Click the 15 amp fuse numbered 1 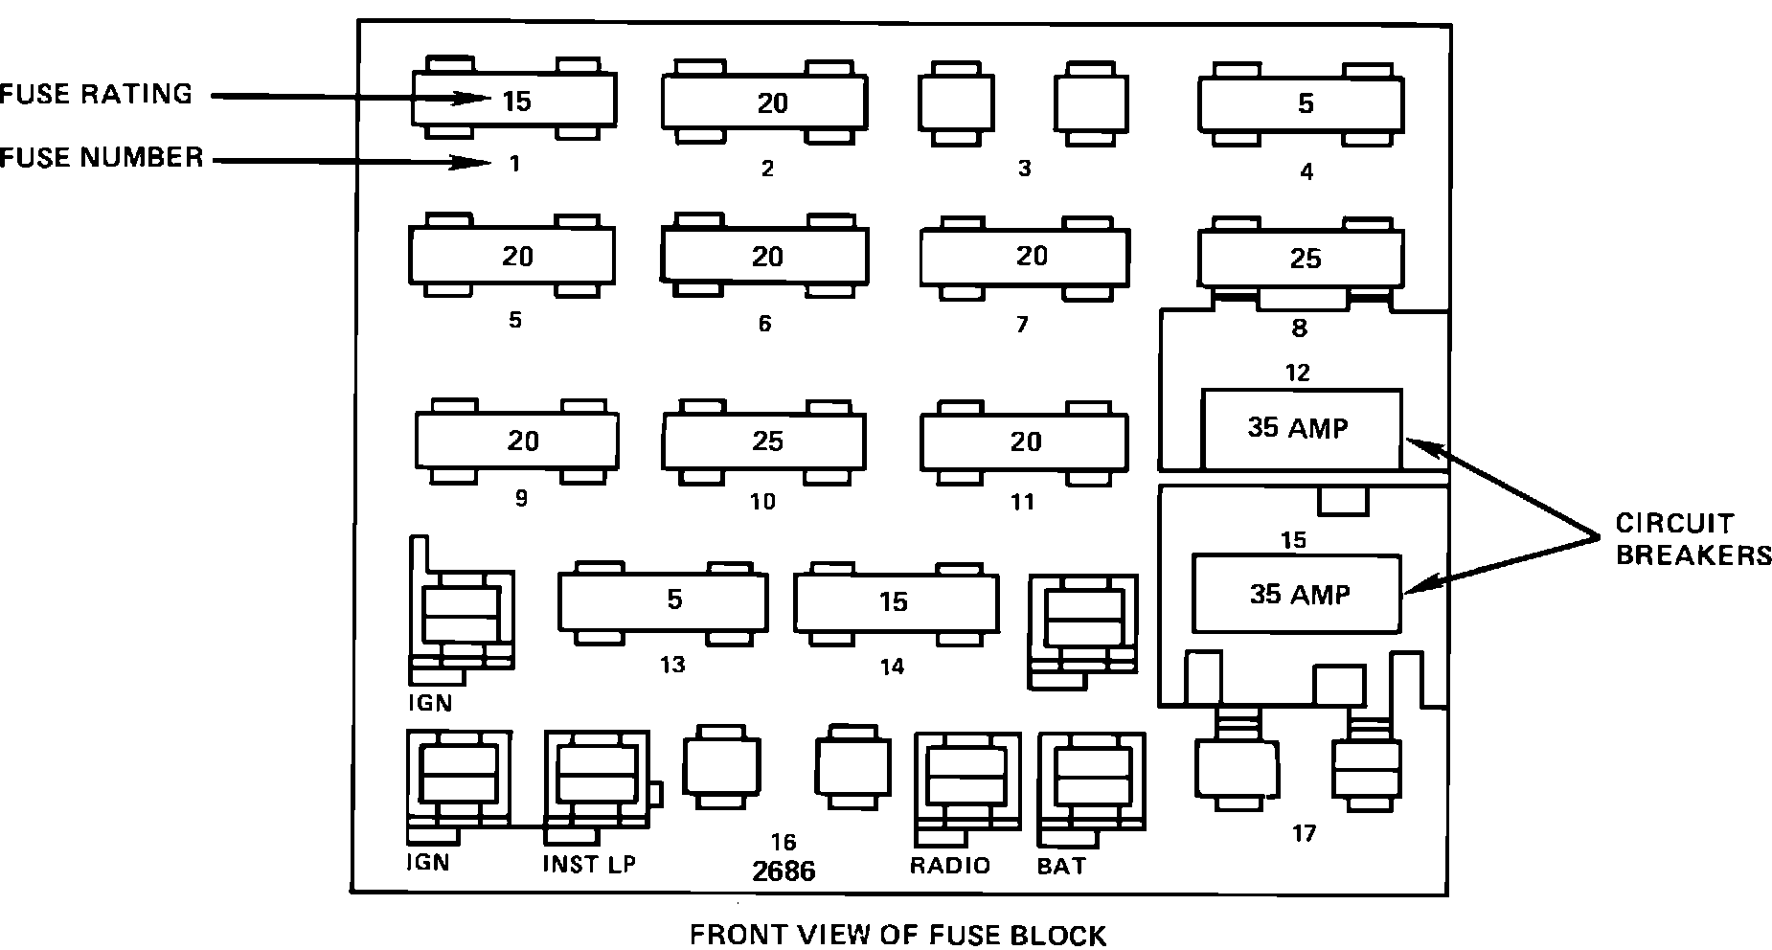[514, 100]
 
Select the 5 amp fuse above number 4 [1301, 103]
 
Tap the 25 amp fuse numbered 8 [1301, 258]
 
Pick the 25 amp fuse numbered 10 [764, 441]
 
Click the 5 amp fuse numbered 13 [663, 600]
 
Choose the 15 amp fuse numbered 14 [896, 602]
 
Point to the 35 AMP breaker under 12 [1301, 428]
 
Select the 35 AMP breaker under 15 [1298, 595]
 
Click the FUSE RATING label [96, 94]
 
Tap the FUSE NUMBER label [102, 157]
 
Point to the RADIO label [949, 866]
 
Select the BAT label [1061, 866]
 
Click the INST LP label [589, 864]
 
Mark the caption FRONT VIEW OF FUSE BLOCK [897, 934]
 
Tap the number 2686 [784, 871]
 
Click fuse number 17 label [1304, 833]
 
